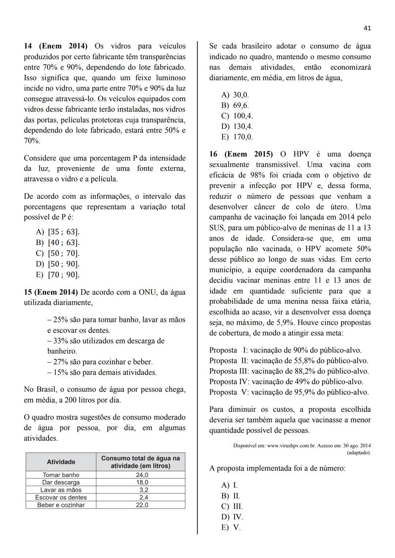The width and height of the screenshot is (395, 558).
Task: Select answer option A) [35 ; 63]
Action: pos(58,232)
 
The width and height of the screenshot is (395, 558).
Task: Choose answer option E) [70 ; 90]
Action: pos(58,275)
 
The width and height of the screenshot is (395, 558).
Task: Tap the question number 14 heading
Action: pos(28,46)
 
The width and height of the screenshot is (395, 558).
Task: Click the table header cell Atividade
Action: pos(61,462)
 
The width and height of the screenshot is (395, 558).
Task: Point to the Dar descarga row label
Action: pos(61,482)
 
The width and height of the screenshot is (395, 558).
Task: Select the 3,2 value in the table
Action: pos(143,490)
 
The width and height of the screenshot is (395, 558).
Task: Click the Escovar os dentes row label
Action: pos(61,497)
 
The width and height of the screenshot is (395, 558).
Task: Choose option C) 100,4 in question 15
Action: pos(237,116)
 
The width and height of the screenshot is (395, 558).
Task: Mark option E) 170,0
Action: pos(237,137)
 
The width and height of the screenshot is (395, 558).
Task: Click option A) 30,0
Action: pos(235,95)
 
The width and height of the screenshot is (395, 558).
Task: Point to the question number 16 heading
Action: pos(213,154)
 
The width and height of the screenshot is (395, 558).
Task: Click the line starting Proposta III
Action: pos(289,371)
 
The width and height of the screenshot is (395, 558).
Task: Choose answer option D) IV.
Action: pos(232,517)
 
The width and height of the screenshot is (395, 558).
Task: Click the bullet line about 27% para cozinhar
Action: pos(100,362)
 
